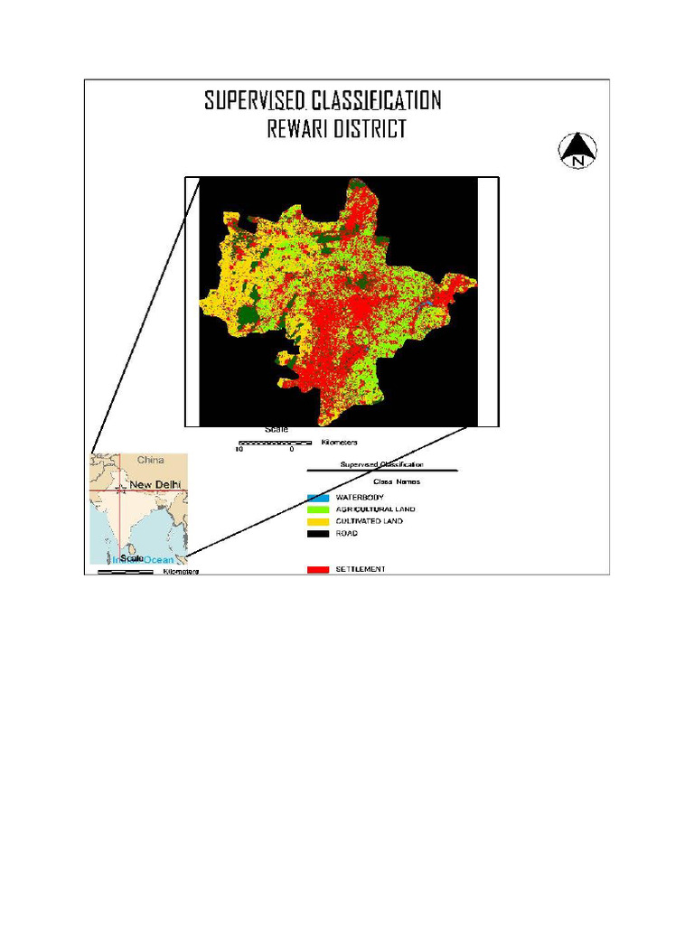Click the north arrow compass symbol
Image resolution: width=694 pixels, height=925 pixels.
(x=577, y=150)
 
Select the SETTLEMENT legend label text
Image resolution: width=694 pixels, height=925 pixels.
(x=361, y=569)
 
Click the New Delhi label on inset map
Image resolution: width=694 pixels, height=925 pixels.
(x=155, y=485)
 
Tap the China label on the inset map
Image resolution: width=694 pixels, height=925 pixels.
(x=150, y=461)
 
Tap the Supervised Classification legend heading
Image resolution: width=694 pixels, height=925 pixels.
(x=382, y=465)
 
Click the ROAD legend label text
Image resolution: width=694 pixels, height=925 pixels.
(x=347, y=533)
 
